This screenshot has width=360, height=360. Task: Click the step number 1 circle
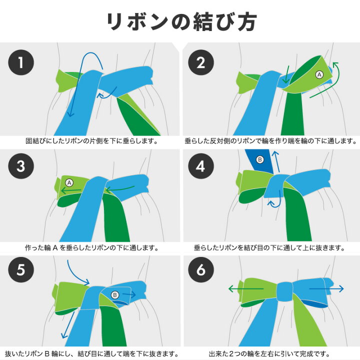[x=21, y=62]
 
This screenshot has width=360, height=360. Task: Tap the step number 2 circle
[x=201, y=62]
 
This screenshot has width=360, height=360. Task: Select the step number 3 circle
[x=21, y=166]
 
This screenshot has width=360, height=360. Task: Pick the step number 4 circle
[x=201, y=166]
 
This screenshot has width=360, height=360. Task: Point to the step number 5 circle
[x=21, y=269]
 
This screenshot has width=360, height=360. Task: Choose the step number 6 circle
[x=201, y=269]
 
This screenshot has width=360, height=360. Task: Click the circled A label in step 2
[x=319, y=74]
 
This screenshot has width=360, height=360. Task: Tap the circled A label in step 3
[x=69, y=183]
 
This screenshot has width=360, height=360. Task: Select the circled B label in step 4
[x=260, y=159]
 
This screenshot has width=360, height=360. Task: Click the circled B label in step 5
[x=115, y=295]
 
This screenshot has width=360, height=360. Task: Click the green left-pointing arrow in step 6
[x=246, y=288]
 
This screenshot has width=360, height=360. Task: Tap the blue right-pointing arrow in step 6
[x=326, y=288]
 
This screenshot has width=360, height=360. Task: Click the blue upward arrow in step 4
[x=276, y=161]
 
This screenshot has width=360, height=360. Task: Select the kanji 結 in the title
[x=202, y=22]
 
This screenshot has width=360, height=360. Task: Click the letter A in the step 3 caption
[x=55, y=248]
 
